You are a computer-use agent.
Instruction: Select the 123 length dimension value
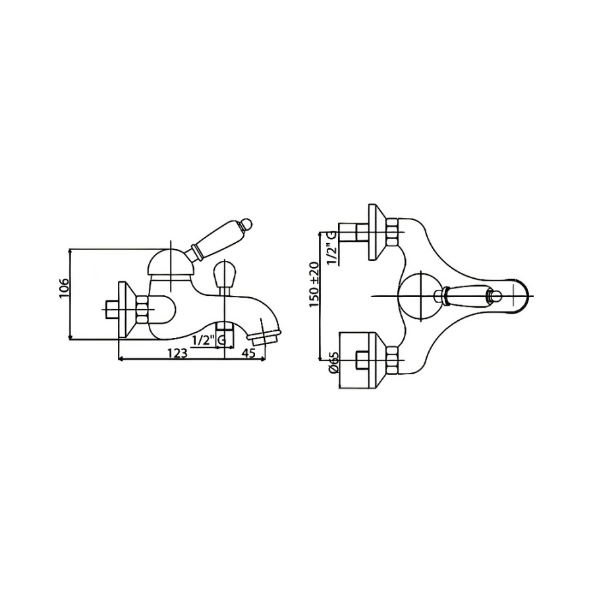[177, 353]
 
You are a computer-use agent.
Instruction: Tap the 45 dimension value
[248, 353]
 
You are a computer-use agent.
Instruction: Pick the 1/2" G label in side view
[209, 341]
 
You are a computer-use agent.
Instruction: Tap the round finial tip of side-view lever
[247, 224]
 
